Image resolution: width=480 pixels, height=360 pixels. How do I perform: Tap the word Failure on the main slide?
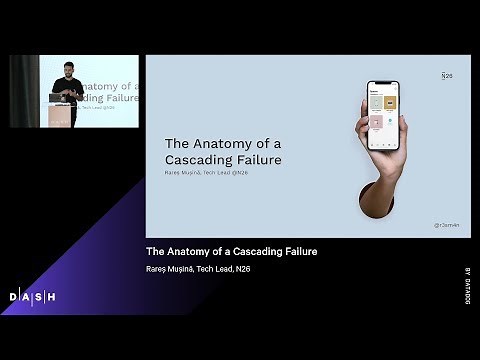(x=261, y=159)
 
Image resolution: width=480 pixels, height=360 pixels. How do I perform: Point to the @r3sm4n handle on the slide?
(x=447, y=226)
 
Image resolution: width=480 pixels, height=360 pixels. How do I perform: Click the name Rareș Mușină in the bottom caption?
(x=169, y=270)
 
